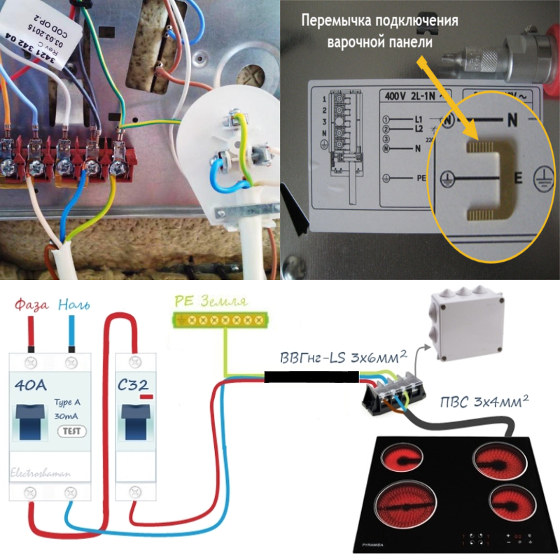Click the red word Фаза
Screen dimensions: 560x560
click(x=32, y=305)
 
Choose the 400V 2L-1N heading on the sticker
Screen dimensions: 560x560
click(x=408, y=96)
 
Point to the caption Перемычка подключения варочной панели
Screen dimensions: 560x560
click(x=379, y=31)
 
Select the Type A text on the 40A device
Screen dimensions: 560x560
click(x=68, y=404)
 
